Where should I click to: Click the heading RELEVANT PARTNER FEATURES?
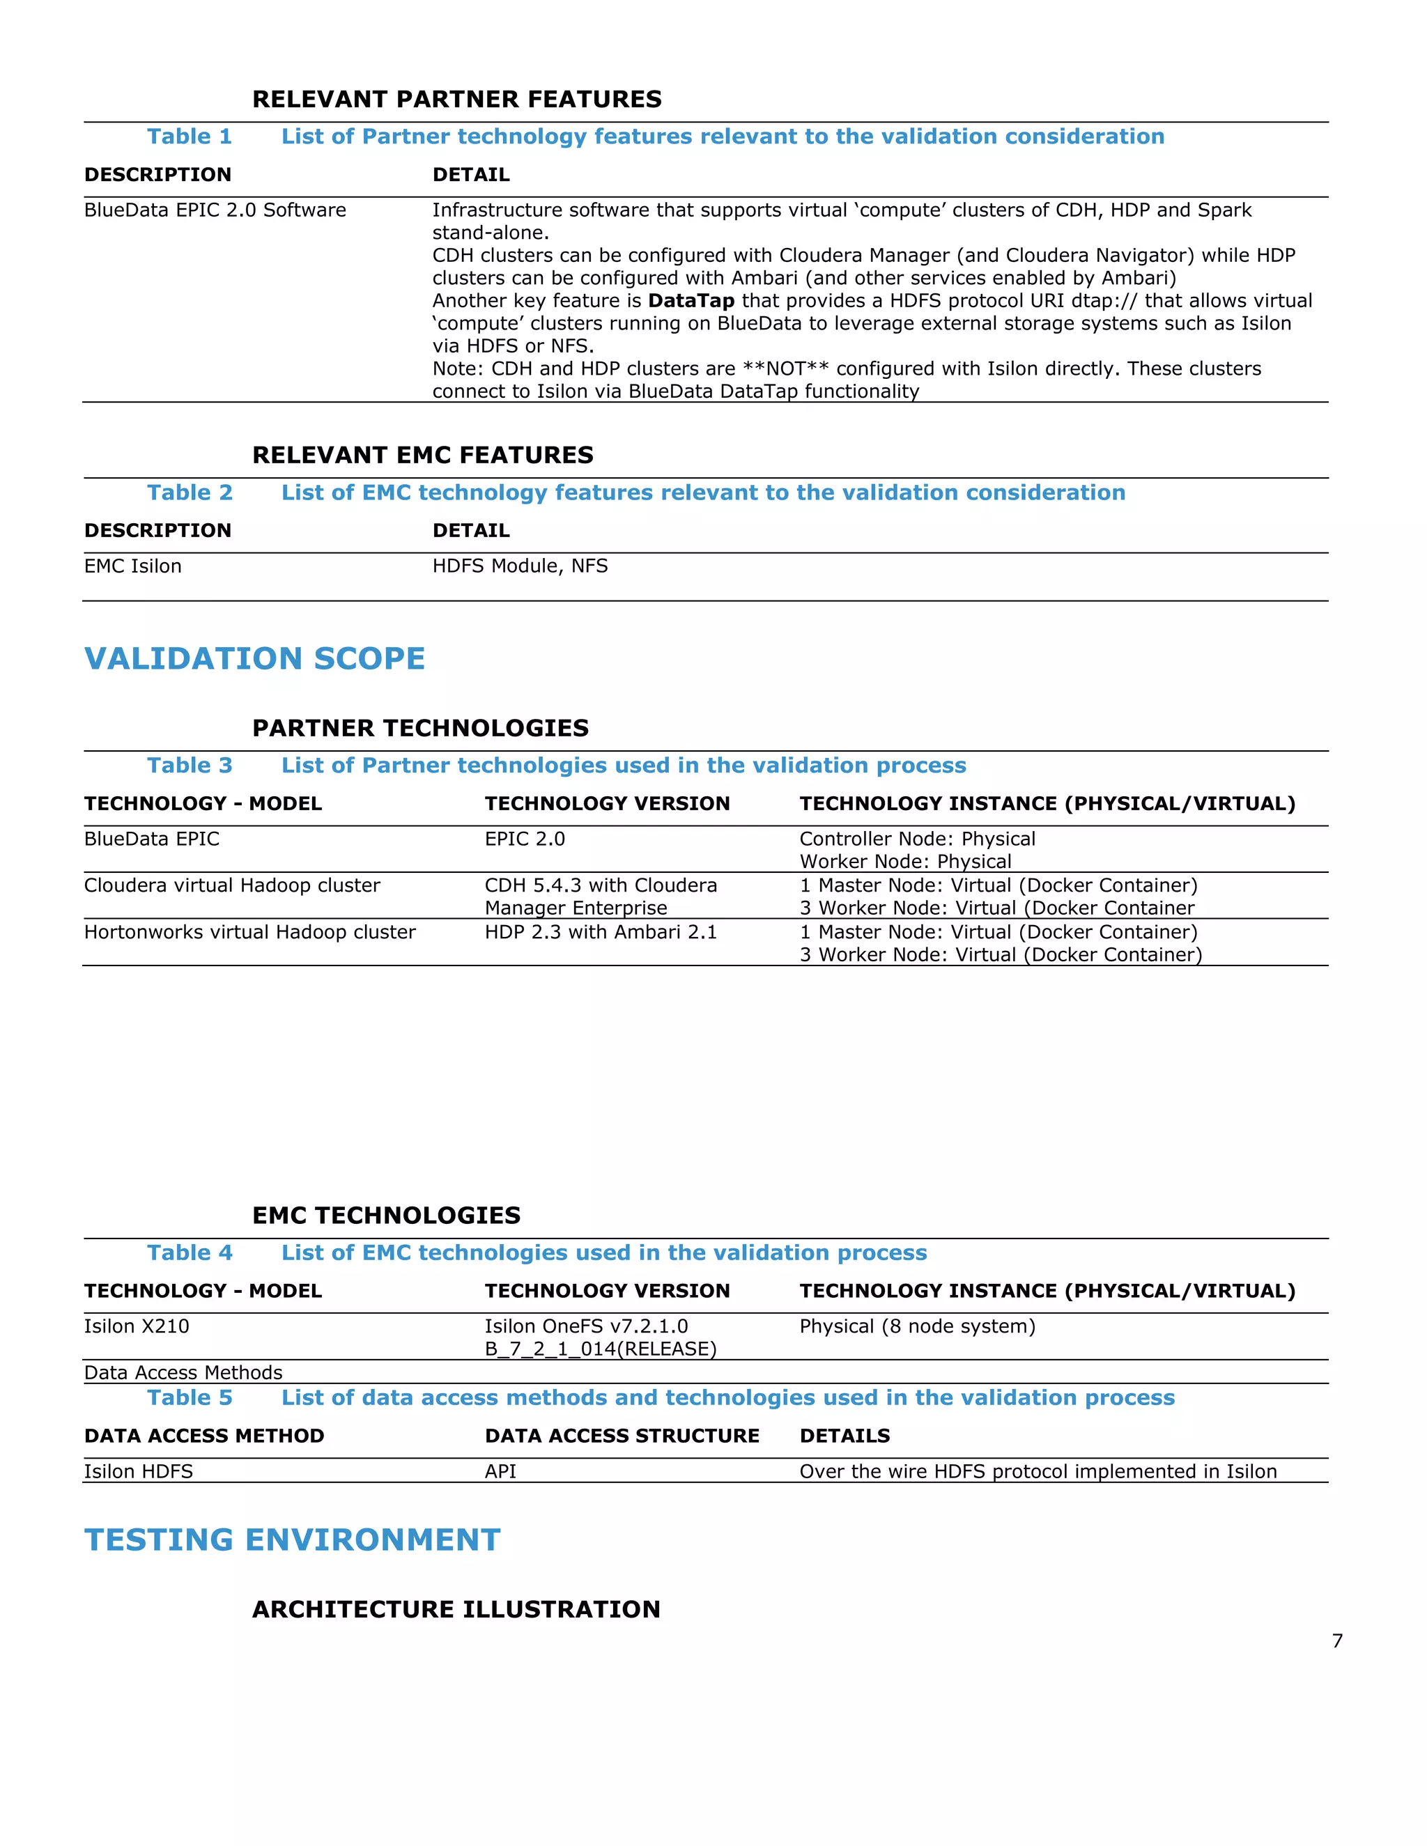pyautogui.click(x=456, y=99)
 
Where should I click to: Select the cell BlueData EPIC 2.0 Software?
pyautogui.click(x=215, y=210)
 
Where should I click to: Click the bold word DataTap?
pyautogui.click(x=691, y=301)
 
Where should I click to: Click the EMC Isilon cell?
pyautogui.click(x=132, y=566)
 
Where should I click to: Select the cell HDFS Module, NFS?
pyautogui.click(x=520, y=566)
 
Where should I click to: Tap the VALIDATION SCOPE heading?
pyautogui.click(x=254, y=658)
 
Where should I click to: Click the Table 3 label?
pyautogui.click(x=190, y=765)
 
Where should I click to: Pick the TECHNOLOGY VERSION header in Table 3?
pyautogui.click(x=607, y=803)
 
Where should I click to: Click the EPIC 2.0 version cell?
pyautogui.click(x=524, y=839)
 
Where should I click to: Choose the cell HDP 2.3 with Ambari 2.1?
pyautogui.click(x=600, y=931)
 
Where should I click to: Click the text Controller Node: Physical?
pyautogui.click(x=917, y=839)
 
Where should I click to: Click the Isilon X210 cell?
pyautogui.click(x=136, y=1326)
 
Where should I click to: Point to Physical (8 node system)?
pyautogui.click(x=917, y=1326)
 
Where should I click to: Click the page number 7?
pyautogui.click(x=1336, y=1641)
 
